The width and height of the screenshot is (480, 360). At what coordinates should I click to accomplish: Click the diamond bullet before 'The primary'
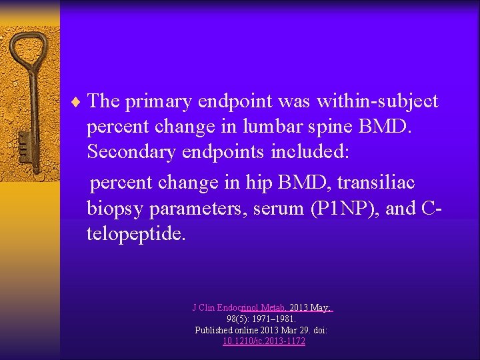click(x=80, y=101)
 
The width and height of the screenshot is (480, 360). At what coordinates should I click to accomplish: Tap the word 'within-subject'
click(x=377, y=101)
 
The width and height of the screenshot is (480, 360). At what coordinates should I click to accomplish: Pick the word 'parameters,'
click(x=206, y=209)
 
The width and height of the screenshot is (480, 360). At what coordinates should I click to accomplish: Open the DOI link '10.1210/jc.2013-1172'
click(x=264, y=341)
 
